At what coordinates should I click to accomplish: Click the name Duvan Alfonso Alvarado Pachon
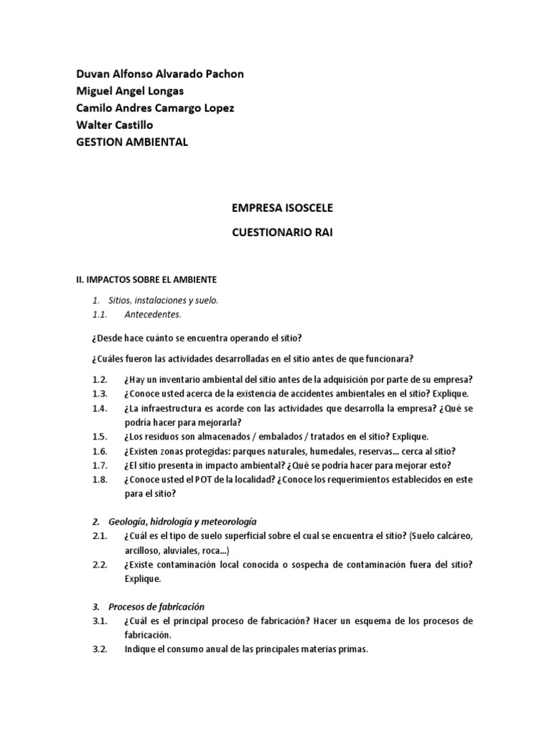click(159, 74)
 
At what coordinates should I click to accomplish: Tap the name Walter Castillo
click(114, 125)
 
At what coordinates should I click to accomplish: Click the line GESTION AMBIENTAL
click(132, 142)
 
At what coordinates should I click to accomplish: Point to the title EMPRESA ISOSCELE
click(282, 208)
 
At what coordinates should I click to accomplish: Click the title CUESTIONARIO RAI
click(282, 233)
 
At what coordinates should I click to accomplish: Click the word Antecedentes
click(152, 314)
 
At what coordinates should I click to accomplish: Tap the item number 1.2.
click(99, 379)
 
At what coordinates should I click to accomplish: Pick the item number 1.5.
click(99, 437)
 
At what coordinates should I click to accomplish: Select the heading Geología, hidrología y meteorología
click(182, 521)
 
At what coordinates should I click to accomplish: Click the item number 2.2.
click(99, 564)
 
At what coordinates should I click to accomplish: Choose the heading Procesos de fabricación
click(156, 606)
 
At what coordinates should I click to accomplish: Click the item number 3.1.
click(99, 621)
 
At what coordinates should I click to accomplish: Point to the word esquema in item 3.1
click(362, 621)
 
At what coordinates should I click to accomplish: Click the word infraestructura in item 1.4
click(171, 408)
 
